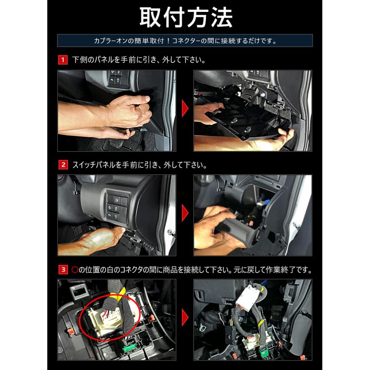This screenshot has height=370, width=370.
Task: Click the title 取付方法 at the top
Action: (x=186, y=17)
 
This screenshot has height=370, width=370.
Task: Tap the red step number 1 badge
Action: (x=63, y=60)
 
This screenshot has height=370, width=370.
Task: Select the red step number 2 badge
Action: (x=63, y=165)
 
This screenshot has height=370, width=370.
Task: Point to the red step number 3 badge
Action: (x=63, y=269)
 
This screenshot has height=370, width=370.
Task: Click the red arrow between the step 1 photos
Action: (x=185, y=109)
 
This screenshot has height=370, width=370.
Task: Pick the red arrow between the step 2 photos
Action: (x=185, y=213)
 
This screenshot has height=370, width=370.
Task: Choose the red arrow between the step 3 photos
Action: (x=185, y=318)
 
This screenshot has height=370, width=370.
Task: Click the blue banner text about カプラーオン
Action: (x=185, y=41)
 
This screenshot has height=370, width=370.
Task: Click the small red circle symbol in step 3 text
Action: (x=75, y=270)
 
